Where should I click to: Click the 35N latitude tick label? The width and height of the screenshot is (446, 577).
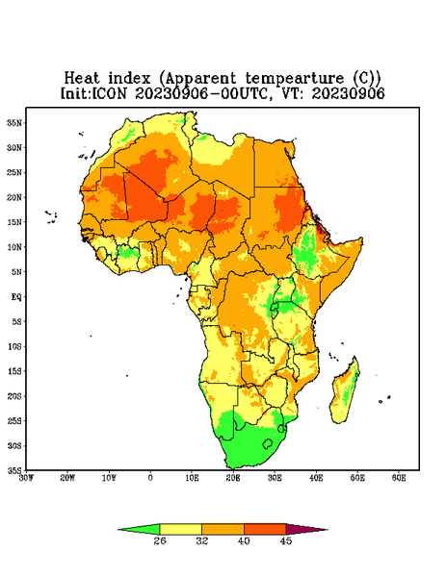(14, 122)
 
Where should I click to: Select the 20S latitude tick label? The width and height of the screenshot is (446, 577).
(14, 396)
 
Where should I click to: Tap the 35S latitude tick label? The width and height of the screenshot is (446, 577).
(14, 470)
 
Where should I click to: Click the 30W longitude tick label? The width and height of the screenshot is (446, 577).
(26, 478)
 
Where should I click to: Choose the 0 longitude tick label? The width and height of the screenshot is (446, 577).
(150, 478)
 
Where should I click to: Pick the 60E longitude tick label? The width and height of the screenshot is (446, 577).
(399, 478)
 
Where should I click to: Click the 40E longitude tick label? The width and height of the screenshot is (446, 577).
(316, 478)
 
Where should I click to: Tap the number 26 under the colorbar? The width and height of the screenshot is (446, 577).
(160, 540)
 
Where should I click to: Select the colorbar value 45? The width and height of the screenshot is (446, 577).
(286, 540)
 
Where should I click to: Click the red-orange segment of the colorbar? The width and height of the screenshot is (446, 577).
(265, 529)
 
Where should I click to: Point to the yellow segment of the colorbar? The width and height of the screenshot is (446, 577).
(180, 529)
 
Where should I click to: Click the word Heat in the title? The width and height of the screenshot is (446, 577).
(82, 79)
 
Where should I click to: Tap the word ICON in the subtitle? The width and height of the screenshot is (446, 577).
(109, 93)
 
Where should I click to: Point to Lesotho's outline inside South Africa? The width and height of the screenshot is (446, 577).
(268, 443)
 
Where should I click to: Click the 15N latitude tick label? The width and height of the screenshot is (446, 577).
(14, 222)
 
